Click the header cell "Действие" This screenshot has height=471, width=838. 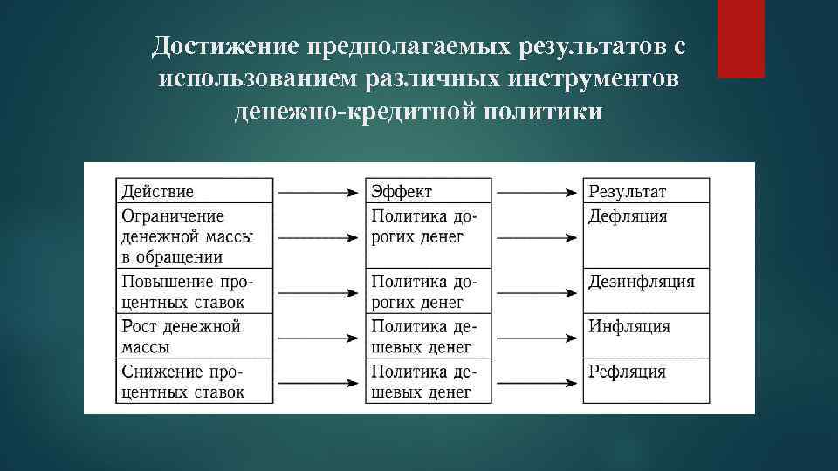click(x=158, y=191)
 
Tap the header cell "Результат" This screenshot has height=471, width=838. click(x=627, y=191)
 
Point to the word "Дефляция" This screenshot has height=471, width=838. click(x=627, y=215)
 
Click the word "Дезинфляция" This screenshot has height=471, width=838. click(x=642, y=282)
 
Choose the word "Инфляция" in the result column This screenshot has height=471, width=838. click(x=629, y=327)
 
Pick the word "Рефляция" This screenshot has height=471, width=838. click(x=627, y=372)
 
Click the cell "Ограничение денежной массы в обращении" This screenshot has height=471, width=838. click(x=173, y=235)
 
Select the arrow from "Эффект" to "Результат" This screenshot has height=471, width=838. click(x=537, y=191)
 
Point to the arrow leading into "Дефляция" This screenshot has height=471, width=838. click(x=537, y=235)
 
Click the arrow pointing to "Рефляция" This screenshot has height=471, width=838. click(x=537, y=382)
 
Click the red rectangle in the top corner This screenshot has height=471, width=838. click(x=740, y=38)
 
